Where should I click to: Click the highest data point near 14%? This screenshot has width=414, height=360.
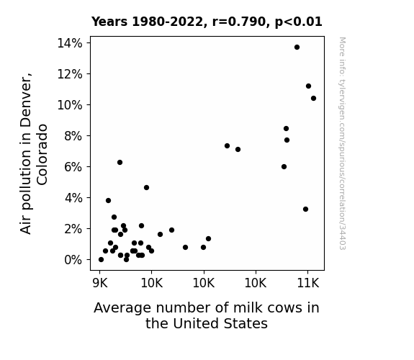coord(297,48)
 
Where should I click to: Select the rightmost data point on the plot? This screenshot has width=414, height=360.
coord(313,98)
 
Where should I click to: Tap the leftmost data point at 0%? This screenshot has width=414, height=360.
coord(101,260)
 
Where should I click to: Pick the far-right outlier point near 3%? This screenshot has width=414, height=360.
coord(305,210)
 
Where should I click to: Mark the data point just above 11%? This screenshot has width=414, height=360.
coord(308,86)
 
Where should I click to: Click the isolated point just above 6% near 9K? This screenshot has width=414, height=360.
coord(120,163)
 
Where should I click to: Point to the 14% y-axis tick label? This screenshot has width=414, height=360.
coord(70,43)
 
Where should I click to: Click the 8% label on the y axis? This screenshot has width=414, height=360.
coord(73,136)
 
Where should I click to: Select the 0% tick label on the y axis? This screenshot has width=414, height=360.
coord(73,260)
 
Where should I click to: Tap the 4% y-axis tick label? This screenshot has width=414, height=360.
coord(73,198)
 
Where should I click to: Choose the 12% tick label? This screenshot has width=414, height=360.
coord(70,74)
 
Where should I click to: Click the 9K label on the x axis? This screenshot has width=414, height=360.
coord(100,283)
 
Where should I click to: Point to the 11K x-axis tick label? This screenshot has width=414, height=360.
coord(308,283)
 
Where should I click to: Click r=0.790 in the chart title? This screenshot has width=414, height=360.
coord(239,22)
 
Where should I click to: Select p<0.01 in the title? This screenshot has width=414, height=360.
coord(298,22)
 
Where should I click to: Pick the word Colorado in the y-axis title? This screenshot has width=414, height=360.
coord(42,155)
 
